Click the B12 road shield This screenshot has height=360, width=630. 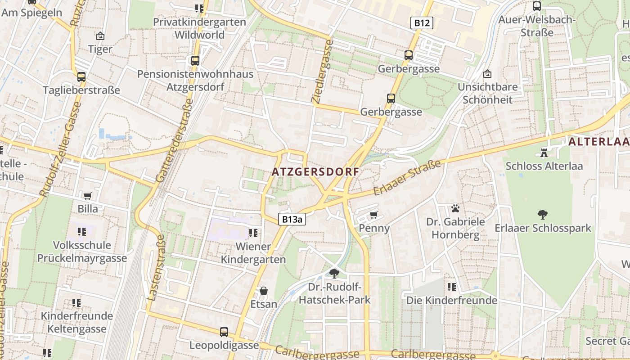[x=422, y=23]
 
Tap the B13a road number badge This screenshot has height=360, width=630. [x=292, y=219]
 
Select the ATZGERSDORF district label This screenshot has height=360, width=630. [x=316, y=172]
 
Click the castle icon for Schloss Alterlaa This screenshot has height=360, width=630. [x=544, y=153]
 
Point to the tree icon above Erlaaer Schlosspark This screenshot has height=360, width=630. [x=543, y=215]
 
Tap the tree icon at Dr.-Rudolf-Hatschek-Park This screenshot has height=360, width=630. [x=334, y=273]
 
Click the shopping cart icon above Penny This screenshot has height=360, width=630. [x=373, y=215]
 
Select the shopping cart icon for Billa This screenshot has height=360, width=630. [x=87, y=196]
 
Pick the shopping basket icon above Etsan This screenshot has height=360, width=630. [x=264, y=291]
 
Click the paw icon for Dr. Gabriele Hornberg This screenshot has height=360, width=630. [x=455, y=208]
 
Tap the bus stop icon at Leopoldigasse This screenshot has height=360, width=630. [x=224, y=332]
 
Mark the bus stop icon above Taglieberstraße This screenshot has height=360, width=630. [x=81, y=76]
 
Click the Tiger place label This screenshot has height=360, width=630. [x=100, y=49]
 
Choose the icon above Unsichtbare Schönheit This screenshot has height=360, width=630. [x=487, y=74]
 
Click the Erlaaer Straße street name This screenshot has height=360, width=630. [x=408, y=178]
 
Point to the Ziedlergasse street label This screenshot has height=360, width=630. [x=323, y=71]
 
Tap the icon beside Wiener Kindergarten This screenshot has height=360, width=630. [x=253, y=233]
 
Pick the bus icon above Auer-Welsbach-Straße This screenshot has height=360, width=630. [x=536, y=6]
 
